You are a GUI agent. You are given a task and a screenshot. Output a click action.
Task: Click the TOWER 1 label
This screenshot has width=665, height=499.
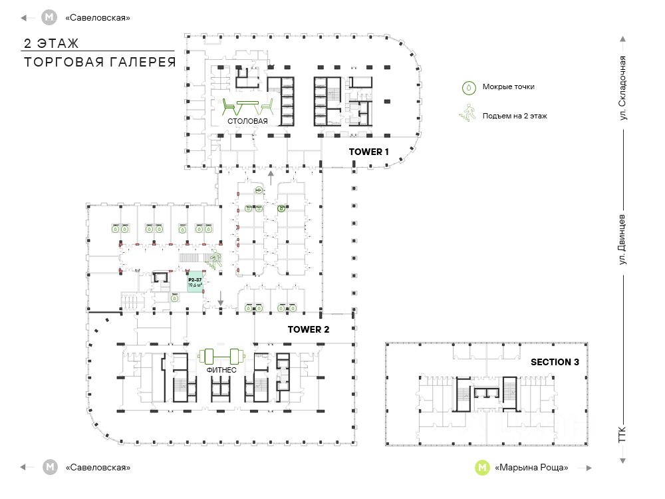click(368, 152)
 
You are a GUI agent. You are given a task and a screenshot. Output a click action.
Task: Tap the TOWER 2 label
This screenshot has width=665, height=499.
click(309, 329)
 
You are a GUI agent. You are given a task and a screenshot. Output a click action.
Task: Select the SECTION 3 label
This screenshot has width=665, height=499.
click(555, 363)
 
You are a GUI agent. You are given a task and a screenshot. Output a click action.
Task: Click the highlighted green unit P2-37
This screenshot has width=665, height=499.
click(195, 284)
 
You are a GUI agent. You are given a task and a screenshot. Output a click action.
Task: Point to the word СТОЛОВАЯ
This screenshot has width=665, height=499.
click(247, 121)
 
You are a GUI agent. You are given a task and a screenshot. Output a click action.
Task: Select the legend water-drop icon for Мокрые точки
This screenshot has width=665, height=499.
click(469, 87)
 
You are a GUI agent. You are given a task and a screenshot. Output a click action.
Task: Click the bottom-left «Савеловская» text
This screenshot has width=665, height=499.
click(98, 468)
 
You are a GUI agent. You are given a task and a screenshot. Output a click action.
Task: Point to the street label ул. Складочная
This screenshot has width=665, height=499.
click(623, 88)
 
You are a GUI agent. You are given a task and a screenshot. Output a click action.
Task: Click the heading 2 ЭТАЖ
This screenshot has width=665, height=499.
click(51, 44)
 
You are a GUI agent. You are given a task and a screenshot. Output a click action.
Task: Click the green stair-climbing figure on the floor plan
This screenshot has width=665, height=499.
click(215, 259)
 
